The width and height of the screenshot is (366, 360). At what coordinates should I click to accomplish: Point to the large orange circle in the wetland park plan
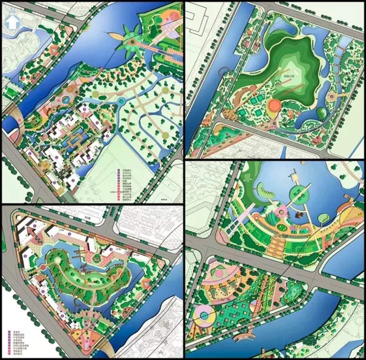click(274, 106)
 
